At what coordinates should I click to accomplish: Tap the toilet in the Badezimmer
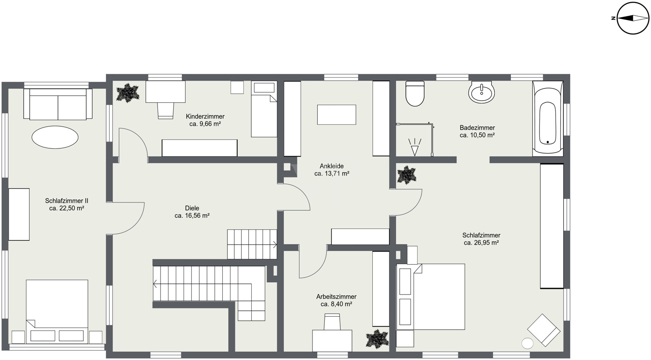click(415, 93)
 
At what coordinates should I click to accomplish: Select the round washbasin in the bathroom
click(481, 92)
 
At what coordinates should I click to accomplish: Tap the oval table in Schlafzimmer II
click(55, 137)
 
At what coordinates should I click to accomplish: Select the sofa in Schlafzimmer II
click(58, 104)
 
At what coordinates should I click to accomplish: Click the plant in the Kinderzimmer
click(128, 93)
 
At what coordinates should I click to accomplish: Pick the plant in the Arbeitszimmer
click(377, 339)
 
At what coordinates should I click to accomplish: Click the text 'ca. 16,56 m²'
click(192, 216)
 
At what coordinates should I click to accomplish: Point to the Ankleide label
click(332, 166)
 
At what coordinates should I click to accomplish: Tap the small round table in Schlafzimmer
click(527, 344)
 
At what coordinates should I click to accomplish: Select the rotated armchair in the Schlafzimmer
click(544, 330)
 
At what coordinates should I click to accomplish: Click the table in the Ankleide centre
click(336, 115)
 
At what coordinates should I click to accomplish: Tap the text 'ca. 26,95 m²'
click(481, 243)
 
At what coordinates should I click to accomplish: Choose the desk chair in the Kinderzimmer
click(166, 111)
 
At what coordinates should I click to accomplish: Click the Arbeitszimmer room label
click(336, 297)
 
